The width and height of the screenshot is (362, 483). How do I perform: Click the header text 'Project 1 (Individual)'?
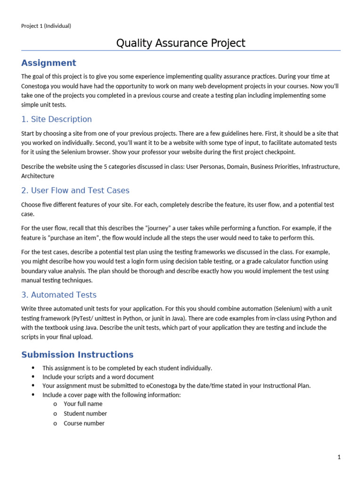[46, 26]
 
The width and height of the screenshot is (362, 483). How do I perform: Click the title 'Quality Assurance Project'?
[181, 43]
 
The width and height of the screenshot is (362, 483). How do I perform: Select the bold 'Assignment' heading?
[49, 63]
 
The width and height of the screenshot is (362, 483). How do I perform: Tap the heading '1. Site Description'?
[57, 119]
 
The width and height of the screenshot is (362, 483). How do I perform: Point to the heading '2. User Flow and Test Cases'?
[75, 191]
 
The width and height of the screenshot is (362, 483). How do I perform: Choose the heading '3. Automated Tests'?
[59, 295]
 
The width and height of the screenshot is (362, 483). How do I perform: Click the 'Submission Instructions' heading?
[77, 355]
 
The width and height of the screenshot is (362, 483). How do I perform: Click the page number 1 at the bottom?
[338, 457]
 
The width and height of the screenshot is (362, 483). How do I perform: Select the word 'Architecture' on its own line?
[38, 176]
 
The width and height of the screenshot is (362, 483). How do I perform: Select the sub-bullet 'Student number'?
[85, 414]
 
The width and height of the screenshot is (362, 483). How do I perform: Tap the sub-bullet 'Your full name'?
[83, 404]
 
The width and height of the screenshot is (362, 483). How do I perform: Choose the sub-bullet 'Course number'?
[84, 423]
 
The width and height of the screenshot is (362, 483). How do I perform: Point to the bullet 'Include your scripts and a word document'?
[98, 377]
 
